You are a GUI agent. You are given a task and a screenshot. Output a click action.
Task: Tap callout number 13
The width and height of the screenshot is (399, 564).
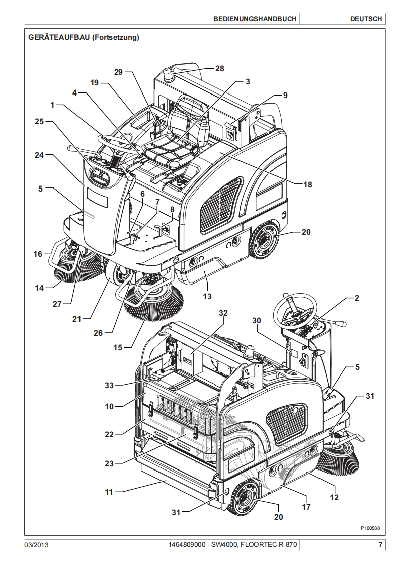pos(207,297)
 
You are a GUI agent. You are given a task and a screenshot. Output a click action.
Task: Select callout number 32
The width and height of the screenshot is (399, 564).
pos(223,313)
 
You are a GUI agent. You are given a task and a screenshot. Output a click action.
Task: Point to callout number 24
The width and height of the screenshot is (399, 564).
pos(40,155)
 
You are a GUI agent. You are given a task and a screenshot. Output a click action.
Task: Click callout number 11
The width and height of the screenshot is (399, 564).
pos(109,492)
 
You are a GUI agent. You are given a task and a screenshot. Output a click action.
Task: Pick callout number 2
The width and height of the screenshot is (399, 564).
pos(356,298)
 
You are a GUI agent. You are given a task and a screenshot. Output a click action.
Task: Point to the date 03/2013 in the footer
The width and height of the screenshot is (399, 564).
pos(36,545)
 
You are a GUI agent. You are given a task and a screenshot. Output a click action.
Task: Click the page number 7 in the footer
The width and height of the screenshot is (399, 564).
pos(381,545)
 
